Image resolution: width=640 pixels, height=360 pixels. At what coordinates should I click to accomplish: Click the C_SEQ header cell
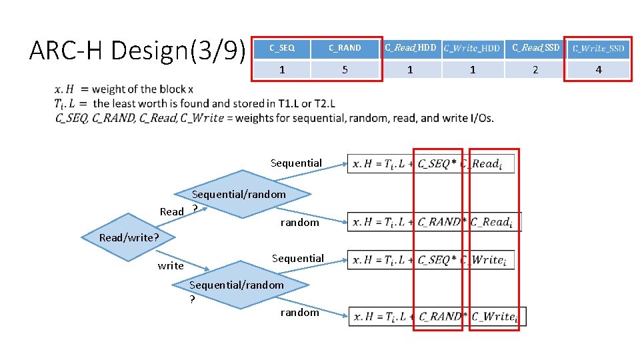tap(282, 48)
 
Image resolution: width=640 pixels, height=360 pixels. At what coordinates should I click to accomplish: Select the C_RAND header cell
tap(345, 48)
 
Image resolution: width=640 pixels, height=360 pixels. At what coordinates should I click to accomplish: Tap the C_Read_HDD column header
tap(409, 48)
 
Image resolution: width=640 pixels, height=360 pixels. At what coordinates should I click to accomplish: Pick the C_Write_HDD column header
tap(472, 48)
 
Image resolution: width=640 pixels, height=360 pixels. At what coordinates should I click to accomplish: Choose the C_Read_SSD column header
tap(535, 48)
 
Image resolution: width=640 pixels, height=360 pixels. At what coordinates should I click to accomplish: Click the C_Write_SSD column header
tap(598, 48)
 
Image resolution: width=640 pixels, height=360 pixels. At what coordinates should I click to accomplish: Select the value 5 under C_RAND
tap(345, 69)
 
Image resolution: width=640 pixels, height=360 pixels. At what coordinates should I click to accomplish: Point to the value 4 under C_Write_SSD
tap(598, 69)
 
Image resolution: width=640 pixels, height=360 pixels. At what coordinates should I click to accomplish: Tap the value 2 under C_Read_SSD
tap(535, 69)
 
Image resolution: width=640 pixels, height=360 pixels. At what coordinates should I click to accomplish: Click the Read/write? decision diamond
tap(128, 237)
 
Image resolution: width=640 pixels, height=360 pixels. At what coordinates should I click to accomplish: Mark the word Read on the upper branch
tap(171, 211)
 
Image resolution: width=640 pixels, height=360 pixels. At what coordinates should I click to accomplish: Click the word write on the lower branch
tap(171, 266)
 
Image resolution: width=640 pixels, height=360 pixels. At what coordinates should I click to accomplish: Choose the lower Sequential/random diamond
tap(247, 285)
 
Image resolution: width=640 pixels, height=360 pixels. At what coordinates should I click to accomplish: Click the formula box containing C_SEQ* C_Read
tap(431, 164)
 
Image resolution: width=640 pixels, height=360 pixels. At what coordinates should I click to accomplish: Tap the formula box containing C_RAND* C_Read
tap(434, 222)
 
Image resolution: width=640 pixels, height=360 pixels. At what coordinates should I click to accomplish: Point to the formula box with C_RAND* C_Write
tap(437, 317)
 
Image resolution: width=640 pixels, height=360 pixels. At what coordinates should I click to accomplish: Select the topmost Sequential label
tap(296, 163)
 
